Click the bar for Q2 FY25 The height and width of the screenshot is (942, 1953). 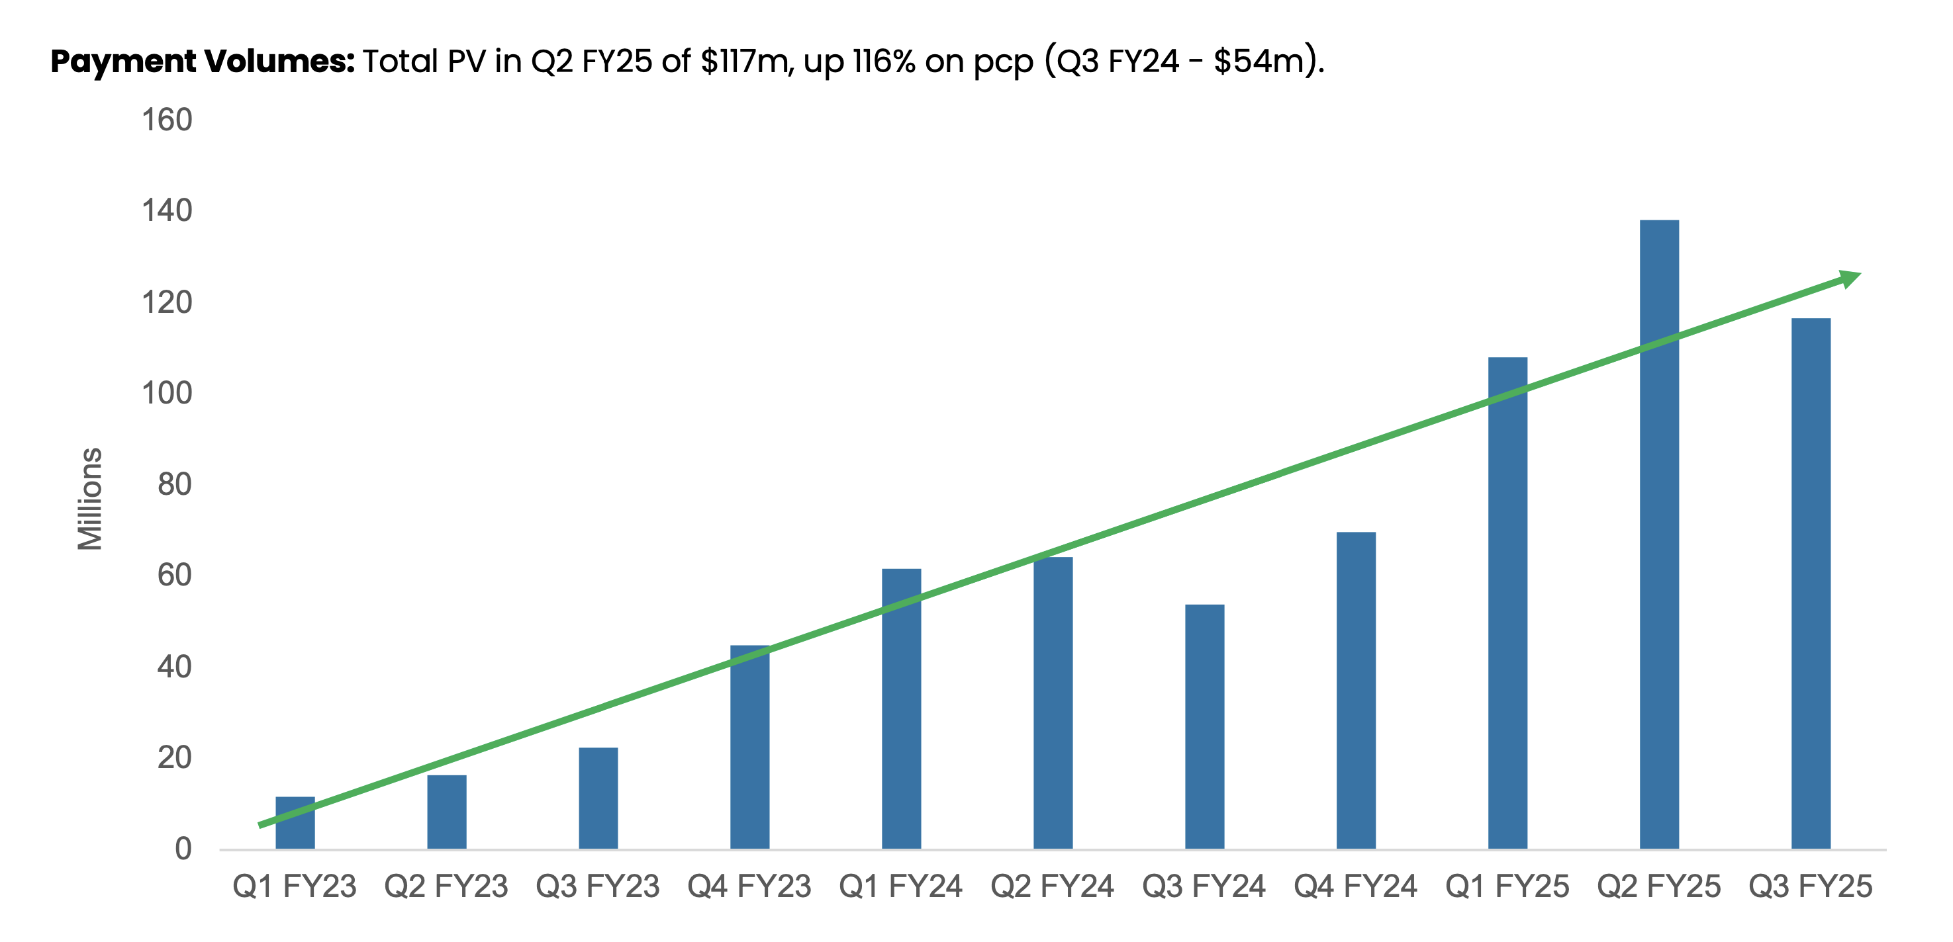[1659, 535]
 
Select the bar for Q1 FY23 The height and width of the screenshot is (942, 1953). [295, 822]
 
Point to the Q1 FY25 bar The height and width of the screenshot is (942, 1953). [1507, 603]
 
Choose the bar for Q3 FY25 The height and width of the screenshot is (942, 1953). [1811, 583]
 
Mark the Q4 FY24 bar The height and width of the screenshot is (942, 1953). [1356, 691]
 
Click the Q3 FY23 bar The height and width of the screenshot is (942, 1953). [598, 798]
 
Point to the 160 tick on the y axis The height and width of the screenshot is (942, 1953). [167, 120]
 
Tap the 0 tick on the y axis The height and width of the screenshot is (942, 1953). [183, 849]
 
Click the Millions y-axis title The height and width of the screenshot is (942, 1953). [90, 499]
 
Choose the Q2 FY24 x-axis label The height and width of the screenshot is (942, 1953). [1053, 886]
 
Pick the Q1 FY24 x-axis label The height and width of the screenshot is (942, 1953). [900, 886]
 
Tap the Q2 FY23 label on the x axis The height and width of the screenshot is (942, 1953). [446, 886]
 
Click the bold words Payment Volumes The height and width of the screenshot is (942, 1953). [203, 61]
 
